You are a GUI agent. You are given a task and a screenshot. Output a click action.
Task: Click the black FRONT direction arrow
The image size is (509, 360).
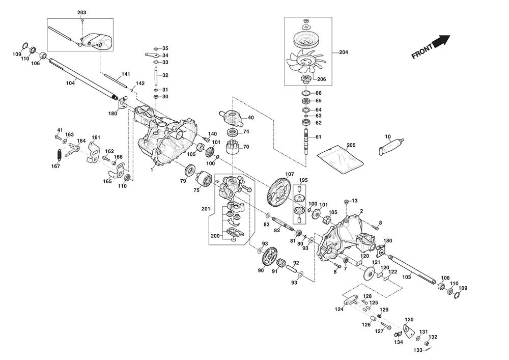[442, 40]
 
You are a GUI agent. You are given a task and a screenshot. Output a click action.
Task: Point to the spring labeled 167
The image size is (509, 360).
[58, 153]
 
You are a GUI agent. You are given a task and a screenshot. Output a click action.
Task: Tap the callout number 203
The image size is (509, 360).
[82, 12]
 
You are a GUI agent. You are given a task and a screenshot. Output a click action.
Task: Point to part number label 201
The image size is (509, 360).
[205, 208]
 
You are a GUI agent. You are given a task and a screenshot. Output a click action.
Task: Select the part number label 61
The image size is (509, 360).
[318, 137]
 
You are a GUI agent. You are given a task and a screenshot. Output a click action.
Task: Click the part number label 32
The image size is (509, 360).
[165, 75]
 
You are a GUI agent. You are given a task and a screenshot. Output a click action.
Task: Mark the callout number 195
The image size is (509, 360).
[303, 180]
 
